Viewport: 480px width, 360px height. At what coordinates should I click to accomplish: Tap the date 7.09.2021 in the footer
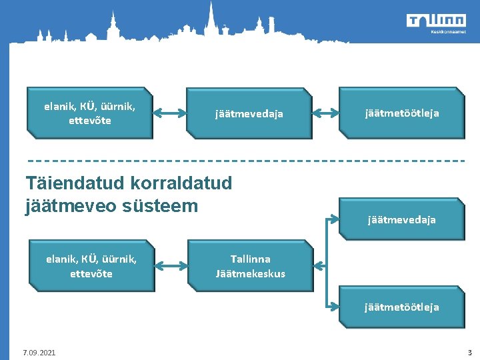[39, 352]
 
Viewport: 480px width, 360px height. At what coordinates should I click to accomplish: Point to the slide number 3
[469, 352]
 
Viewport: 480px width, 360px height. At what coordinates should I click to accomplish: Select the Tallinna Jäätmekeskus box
[250, 266]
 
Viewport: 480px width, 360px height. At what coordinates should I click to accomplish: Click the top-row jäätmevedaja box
[249, 114]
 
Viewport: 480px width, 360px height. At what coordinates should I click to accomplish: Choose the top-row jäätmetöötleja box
[401, 113]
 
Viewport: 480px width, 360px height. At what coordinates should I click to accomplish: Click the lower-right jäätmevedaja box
[401, 219]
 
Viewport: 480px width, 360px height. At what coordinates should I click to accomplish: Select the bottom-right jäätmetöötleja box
[401, 307]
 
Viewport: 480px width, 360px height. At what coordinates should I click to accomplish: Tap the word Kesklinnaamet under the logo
[446, 31]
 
